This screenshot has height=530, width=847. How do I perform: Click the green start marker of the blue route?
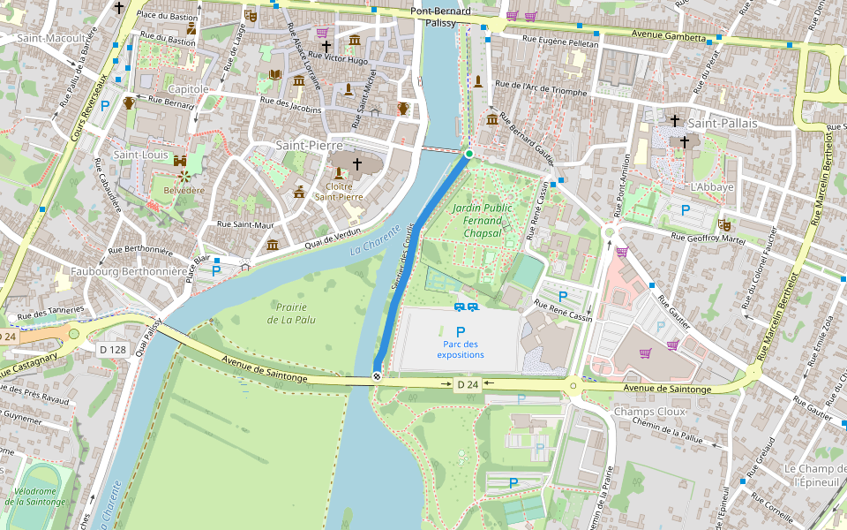tap(469, 155)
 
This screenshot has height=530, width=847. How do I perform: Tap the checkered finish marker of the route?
tap(378, 377)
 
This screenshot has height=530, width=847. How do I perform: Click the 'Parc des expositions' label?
tap(461, 350)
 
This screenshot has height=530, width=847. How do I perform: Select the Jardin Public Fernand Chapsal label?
tap(482, 220)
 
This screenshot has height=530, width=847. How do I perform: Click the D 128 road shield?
tap(114, 350)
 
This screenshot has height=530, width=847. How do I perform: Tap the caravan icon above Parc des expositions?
tap(467, 307)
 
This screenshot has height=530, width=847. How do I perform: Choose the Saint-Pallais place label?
tap(723, 124)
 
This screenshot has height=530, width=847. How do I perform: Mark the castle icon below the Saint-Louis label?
tap(181, 163)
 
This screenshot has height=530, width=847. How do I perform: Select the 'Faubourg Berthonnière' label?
tap(130, 272)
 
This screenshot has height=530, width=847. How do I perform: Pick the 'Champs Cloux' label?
tap(649, 412)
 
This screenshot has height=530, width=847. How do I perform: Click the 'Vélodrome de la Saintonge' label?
tap(34, 496)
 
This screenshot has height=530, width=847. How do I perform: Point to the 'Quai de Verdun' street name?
tap(333, 236)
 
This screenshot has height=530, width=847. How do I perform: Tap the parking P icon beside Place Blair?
tap(216, 271)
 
